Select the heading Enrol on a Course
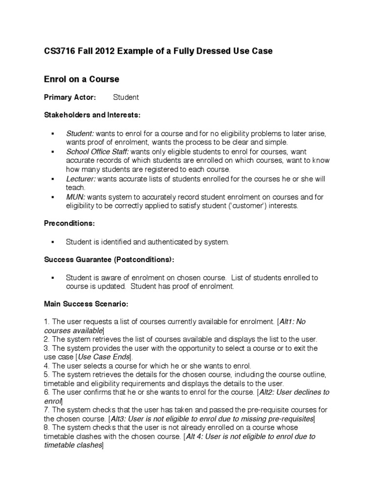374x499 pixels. point(81,79)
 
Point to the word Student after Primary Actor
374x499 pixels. point(126,97)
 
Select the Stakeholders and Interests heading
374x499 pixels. point(92,115)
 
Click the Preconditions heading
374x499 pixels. point(69,223)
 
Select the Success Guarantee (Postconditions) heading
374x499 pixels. point(109,259)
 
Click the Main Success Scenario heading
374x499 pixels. point(86,304)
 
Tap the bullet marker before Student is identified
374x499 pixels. point(52,242)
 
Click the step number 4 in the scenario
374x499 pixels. point(46,366)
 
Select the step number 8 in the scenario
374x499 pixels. point(46,428)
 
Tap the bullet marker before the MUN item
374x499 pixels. point(52,197)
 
